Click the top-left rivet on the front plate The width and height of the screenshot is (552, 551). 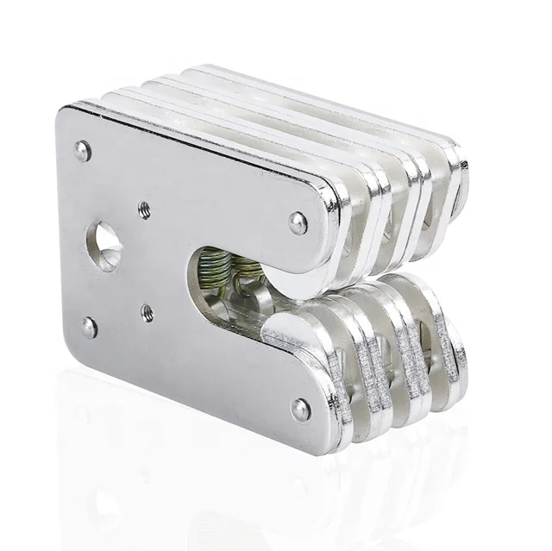click(83, 151)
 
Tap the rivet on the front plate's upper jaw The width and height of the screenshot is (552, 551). click(298, 223)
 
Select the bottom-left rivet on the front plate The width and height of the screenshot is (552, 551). click(90, 327)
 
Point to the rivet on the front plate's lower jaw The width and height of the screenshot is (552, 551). click(300, 409)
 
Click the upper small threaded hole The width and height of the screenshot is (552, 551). click(145, 208)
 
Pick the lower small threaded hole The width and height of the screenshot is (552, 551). click(147, 313)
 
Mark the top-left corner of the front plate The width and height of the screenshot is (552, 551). click(62, 110)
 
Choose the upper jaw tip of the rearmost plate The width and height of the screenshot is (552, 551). click(461, 181)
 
